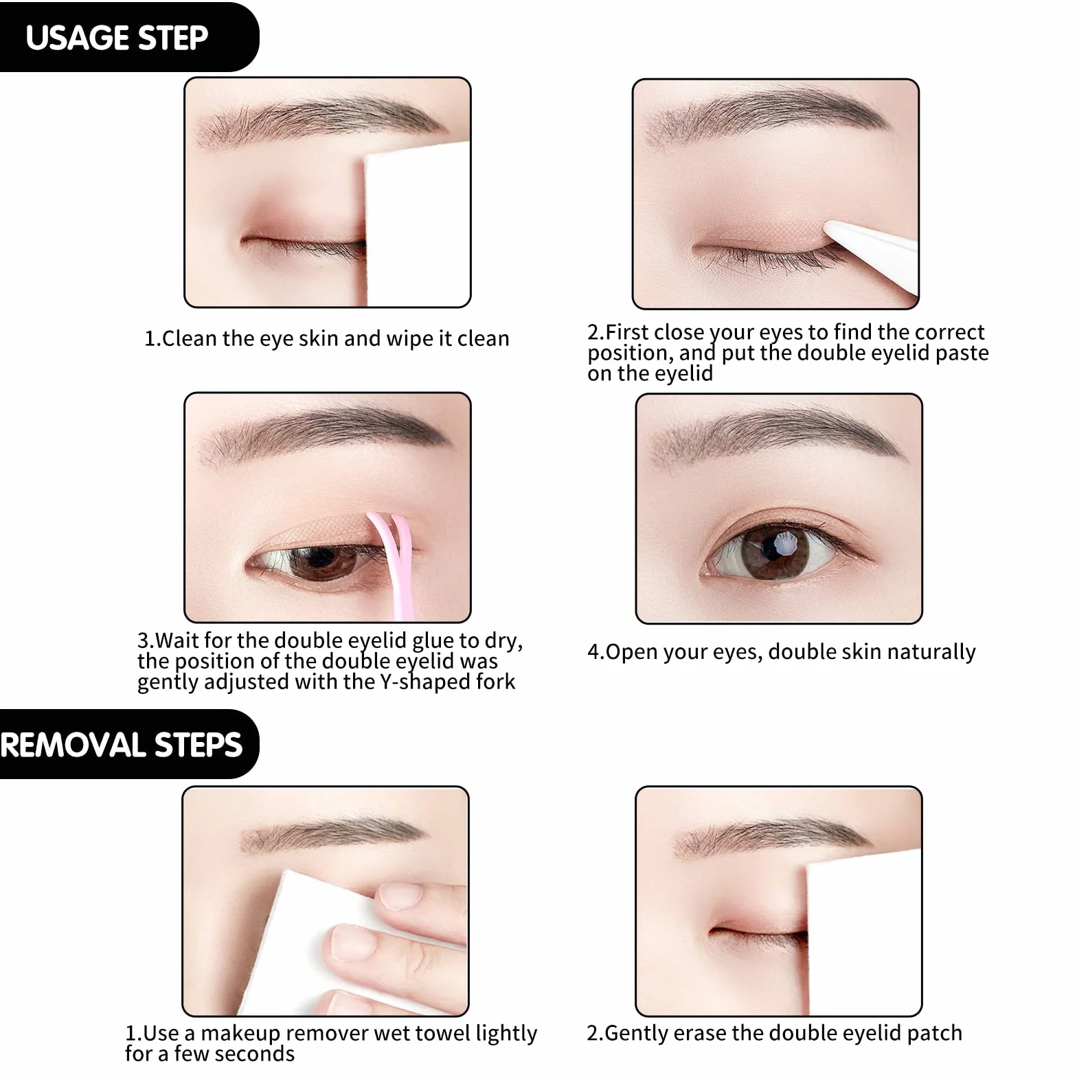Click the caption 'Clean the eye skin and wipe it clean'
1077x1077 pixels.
coord(327,338)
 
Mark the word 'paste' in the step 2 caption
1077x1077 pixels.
coord(961,353)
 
